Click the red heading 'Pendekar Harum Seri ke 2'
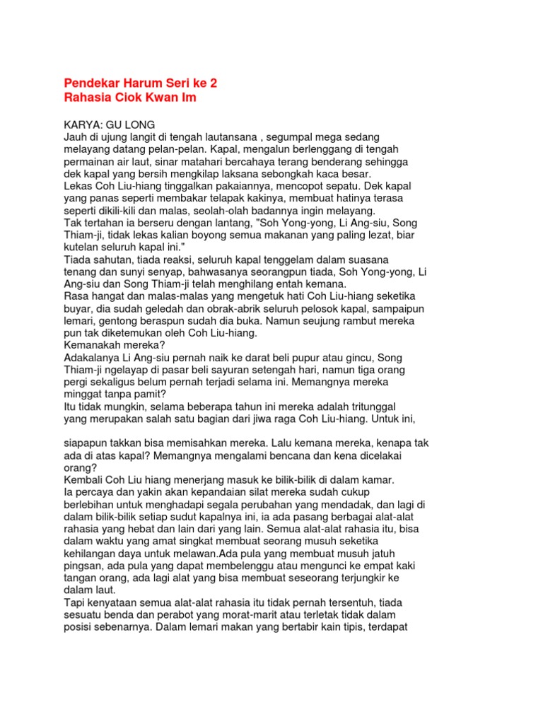coord(141,83)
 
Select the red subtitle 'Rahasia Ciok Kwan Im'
coord(130,98)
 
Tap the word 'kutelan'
coord(83,248)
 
